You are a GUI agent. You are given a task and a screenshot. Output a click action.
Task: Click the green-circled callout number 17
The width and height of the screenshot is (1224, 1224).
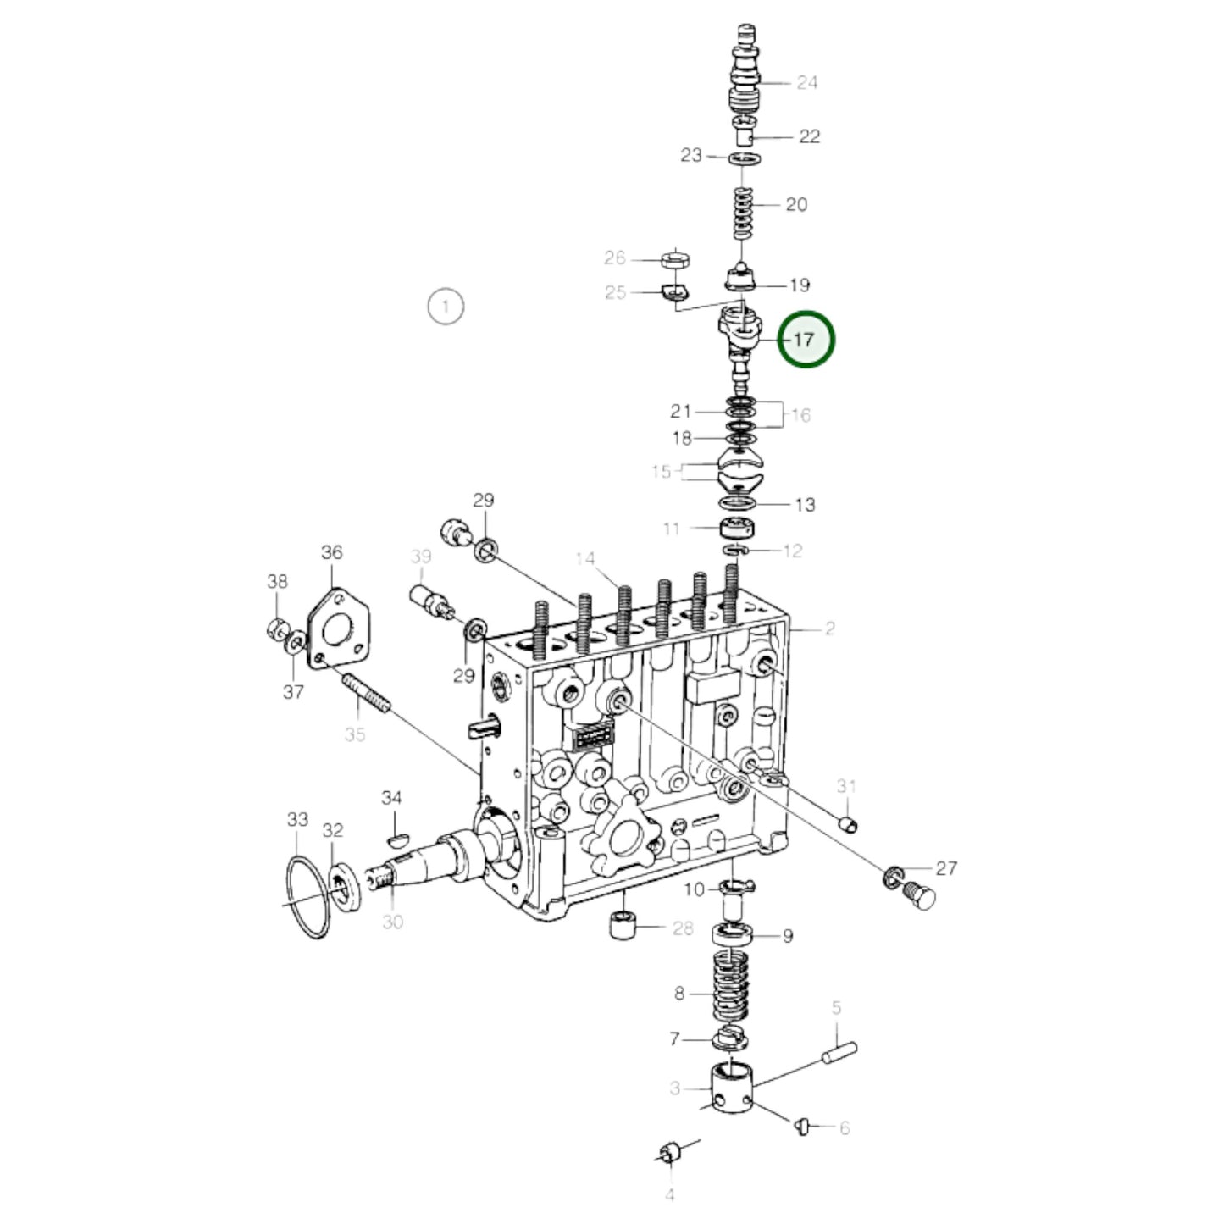pos(805,340)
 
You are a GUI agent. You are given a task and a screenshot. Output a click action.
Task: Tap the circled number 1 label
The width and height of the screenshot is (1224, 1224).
pos(446,306)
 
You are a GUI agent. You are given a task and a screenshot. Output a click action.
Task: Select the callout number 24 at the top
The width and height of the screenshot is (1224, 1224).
pos(806,82)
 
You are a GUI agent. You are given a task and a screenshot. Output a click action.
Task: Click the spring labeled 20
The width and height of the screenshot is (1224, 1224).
pos(742,213)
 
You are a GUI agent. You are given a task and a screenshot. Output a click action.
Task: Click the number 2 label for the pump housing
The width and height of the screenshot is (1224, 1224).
pos(829,629)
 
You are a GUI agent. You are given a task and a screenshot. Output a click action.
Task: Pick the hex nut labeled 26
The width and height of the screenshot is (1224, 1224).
pos(674,259)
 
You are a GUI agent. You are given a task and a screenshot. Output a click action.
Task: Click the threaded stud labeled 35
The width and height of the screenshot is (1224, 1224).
pos(366,693)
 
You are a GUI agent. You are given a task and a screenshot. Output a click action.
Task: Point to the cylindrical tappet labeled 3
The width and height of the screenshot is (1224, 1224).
pos(731,1088)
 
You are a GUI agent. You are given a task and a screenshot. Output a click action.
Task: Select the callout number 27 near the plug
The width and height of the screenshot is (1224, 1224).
pos(945,868)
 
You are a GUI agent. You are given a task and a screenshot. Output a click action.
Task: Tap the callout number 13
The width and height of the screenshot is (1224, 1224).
pos(804,505)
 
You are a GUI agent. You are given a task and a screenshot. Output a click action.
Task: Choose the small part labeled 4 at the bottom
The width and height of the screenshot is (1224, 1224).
pos(670,1153)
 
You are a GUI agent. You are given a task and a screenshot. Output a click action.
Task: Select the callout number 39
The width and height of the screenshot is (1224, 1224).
pos(421,557)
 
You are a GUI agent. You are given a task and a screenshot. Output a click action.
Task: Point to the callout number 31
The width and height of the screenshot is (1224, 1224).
pos(846,786)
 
